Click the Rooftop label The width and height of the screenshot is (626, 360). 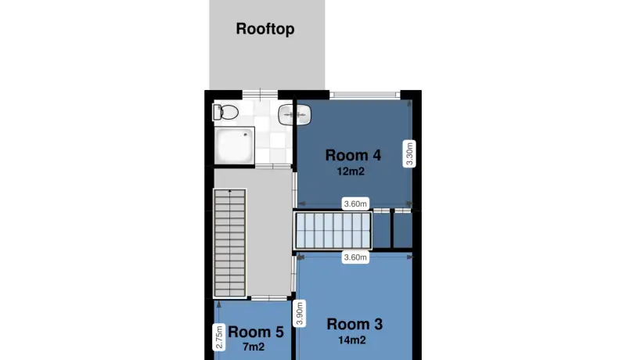pos(265,29)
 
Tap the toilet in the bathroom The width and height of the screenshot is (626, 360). pos(225,112)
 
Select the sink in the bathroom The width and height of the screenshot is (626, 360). pos(295,115)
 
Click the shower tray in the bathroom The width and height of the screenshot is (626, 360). pos(234,146)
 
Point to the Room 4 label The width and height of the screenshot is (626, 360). pos(354,155)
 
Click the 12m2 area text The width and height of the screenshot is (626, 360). pos(351,171)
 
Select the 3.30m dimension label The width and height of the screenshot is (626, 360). pos(409,153)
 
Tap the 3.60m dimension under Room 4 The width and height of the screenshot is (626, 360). pos(355,204)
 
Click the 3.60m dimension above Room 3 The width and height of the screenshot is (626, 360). pos(355,257)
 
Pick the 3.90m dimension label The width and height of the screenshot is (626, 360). pos(300,313)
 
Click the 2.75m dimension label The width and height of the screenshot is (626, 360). pos(219,337)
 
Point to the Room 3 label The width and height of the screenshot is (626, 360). pos(354,324)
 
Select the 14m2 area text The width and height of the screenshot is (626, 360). pos(351,340)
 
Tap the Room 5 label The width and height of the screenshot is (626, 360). pos(256,332)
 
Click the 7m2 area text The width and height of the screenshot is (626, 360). pos(254,347)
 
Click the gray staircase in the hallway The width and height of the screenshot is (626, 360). pos(229,243)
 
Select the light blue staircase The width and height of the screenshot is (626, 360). pos(333,230)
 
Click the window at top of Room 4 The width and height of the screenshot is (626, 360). pos(365,95)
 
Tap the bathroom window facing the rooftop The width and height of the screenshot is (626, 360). pos(260,95)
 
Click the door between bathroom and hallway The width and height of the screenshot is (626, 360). pos(273,166)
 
